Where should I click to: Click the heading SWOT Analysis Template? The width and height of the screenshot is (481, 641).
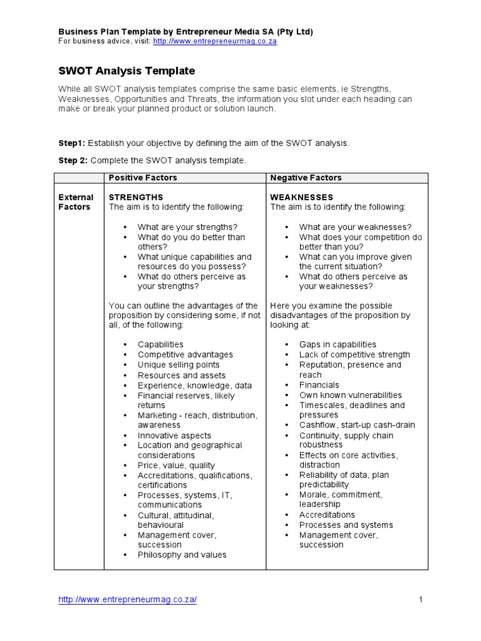point(127,71)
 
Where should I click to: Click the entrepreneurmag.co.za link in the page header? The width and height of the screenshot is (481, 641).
point(215,41)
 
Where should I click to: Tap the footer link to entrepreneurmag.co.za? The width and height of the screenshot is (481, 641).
point(128,600)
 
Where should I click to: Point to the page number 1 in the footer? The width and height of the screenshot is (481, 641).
point(421,600)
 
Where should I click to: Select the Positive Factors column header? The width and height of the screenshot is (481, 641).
point(143,178)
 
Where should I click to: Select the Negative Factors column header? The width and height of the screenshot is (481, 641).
point(306,178)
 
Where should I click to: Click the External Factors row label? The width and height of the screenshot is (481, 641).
point(76,202)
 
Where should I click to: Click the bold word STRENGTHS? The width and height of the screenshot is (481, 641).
point(136,197)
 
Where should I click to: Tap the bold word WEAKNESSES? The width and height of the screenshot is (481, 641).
point(301,197)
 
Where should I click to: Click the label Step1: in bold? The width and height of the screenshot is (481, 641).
point(72,143)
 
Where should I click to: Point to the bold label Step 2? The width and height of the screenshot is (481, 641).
point(73,161)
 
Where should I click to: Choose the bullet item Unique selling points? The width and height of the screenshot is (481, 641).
point(178,365)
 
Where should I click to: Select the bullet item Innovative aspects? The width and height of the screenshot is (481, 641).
point(174,436)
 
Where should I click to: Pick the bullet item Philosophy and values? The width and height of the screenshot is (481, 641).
point(182,555)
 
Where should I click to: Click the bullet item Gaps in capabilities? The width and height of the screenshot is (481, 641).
point(338,345)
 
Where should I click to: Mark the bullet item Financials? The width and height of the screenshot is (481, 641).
point(319,385)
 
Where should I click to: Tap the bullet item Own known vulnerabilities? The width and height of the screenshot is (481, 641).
point(350,395)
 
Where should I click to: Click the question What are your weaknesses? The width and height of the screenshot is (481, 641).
point(355,227)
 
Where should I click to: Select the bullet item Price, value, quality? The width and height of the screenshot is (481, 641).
point(176,466)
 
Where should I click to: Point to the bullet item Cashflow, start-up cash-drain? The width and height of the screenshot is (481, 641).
point(356,425)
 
